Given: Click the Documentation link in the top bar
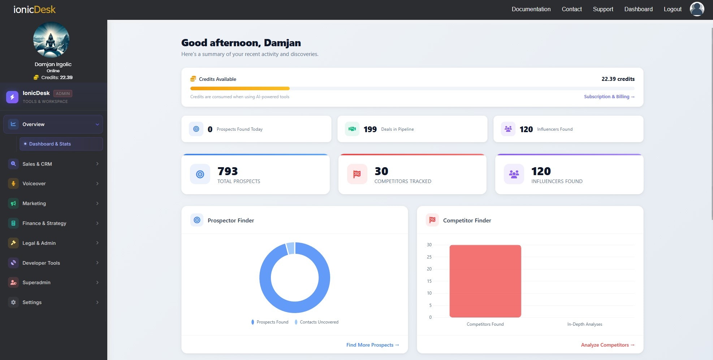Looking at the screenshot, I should (x=531, y=9).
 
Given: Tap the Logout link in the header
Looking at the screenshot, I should (x=673, y=9).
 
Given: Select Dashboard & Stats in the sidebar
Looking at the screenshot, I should (x=50, y=144).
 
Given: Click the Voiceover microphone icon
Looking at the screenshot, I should (x=13, y=183).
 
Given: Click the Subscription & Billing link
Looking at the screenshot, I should (x=609, y=97).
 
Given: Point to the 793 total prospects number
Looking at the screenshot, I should (x=228, y=171).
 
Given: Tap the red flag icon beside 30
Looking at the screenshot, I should (x=357, y=174).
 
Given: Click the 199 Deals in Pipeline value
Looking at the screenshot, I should (x=370, y=129).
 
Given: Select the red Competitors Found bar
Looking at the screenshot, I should (x=485, y=281).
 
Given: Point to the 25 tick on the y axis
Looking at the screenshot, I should (x=429, y=257).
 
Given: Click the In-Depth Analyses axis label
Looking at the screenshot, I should (x=584, y=324).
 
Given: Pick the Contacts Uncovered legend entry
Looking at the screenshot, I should (x=319, y=322).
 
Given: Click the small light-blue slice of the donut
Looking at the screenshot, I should (x=290, y=248).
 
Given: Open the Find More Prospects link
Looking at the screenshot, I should (x=372, y=345).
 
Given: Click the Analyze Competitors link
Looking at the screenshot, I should (x=608, y=345).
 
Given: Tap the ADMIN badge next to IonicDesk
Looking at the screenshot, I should (x=63, y=94).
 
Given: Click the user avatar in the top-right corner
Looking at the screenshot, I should (x=697, y=9).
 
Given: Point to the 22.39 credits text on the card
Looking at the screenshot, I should (x=618, y=79).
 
